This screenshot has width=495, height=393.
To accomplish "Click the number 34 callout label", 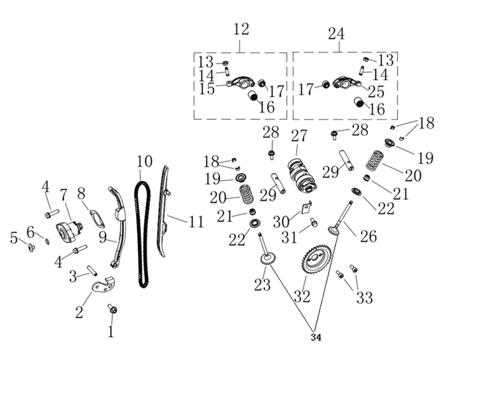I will (316, 338).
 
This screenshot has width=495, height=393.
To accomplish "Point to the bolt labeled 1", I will (113, 309).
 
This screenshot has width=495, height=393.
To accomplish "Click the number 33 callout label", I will (364, 297).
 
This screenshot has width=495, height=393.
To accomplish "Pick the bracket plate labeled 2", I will (102, 284).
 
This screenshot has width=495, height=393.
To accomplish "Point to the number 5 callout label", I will (14, 238).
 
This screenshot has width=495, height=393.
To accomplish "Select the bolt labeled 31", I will (314, 223).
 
